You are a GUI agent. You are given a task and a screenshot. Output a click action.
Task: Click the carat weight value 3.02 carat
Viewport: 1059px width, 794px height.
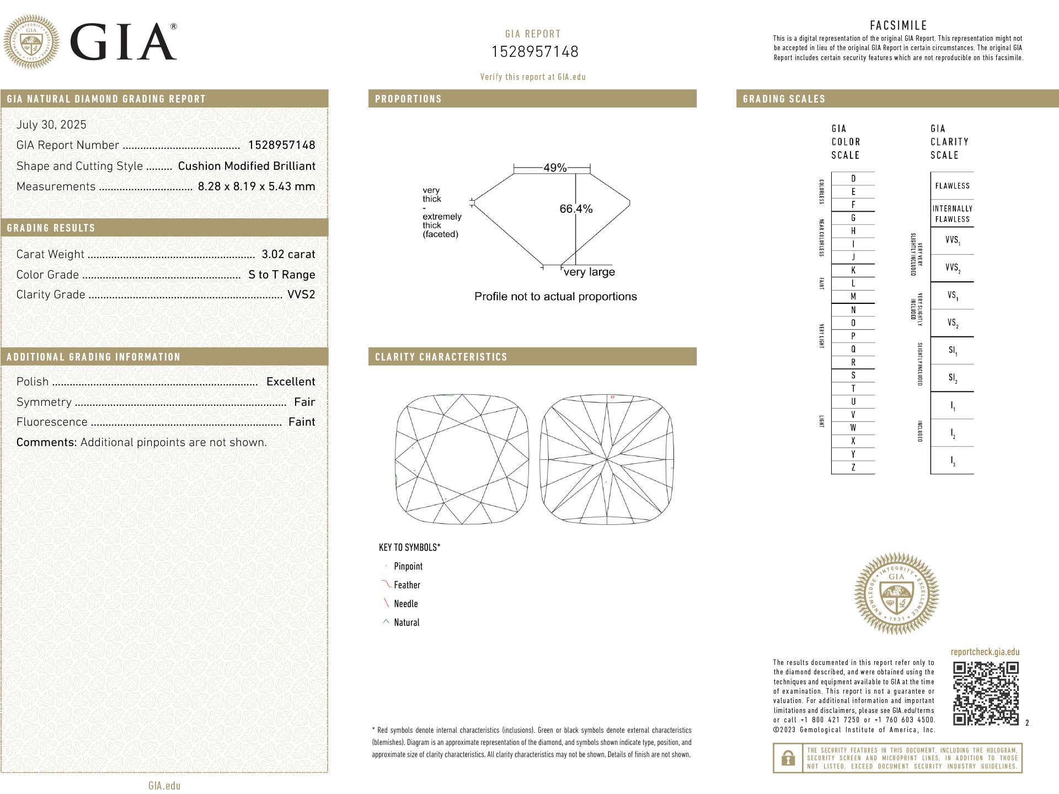288,254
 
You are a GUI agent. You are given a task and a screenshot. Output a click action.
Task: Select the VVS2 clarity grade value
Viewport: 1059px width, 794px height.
301,294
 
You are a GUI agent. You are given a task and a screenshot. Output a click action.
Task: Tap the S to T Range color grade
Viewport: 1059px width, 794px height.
281,275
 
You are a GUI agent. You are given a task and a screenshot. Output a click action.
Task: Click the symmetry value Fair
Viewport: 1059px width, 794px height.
304,402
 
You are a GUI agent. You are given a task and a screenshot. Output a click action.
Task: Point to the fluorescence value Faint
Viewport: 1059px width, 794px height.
302,422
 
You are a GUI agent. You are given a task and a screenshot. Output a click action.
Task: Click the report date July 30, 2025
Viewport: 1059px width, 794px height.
51,125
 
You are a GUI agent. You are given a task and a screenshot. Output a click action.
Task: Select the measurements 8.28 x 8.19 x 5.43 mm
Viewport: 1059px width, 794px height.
256,186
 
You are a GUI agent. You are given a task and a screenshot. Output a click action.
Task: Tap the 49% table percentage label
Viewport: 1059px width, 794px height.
555,168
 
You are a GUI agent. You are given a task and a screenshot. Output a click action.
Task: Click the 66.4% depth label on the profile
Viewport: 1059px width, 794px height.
576,209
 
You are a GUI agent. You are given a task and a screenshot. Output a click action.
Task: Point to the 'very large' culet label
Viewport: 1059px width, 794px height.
589,272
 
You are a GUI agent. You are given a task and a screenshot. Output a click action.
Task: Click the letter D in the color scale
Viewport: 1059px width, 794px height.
853,179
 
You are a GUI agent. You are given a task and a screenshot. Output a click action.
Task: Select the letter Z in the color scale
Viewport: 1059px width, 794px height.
853,468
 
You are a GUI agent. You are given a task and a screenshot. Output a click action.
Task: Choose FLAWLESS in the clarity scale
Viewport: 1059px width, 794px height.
952,186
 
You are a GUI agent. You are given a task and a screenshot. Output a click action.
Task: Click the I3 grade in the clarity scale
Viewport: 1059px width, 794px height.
953,461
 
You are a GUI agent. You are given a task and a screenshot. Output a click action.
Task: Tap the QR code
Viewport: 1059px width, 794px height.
986,693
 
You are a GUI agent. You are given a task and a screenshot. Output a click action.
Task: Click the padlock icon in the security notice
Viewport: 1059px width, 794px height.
788,759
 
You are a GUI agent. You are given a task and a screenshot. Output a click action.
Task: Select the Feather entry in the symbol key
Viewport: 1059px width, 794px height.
407,585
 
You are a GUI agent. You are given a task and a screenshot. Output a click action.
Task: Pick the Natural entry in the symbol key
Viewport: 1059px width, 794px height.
407,623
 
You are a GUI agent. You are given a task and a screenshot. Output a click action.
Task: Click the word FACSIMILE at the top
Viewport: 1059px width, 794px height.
898,25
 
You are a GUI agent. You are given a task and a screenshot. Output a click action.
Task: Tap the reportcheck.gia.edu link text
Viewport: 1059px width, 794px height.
985,652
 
